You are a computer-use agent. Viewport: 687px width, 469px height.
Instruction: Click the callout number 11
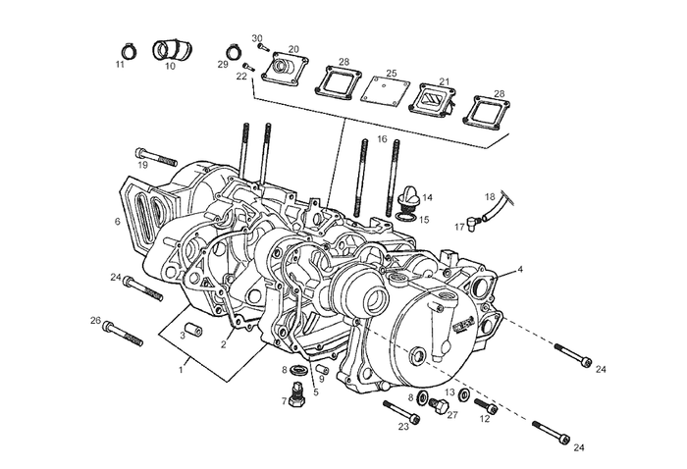pyautogui.click(x=120, y=65)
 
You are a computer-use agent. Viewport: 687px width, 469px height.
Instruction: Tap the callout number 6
pyautogui.click(x=118, y=222)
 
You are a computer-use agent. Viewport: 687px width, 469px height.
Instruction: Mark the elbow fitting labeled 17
pyautogui.click(x=474, y=221)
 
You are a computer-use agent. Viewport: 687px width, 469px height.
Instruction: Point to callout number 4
pyautogui.click(x=520, y=269)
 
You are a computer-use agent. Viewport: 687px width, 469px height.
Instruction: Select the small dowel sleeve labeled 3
pyautogui.click(x=195, y=325)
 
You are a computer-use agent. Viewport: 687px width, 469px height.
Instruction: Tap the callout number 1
pyautogui.click(x=181, y=370)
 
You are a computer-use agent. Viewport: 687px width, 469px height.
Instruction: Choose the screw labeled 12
pyautogui.click(x=483, y=404)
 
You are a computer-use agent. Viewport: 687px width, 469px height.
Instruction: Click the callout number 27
pyautogui.click(x=452, y=415)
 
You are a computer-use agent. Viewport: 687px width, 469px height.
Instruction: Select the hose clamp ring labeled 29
pyautogui.click(x=234, y=51)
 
